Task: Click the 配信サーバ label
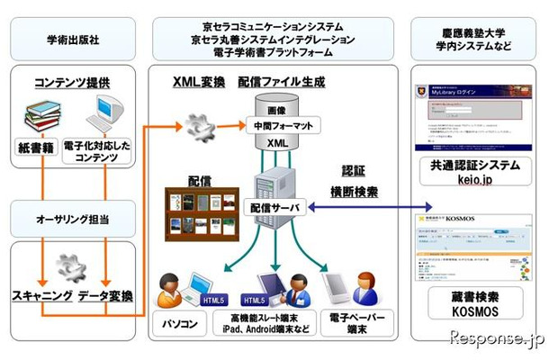tap(278, 205)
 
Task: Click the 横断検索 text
tap(359, 192)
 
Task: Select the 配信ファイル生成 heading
tap(282, 82)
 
